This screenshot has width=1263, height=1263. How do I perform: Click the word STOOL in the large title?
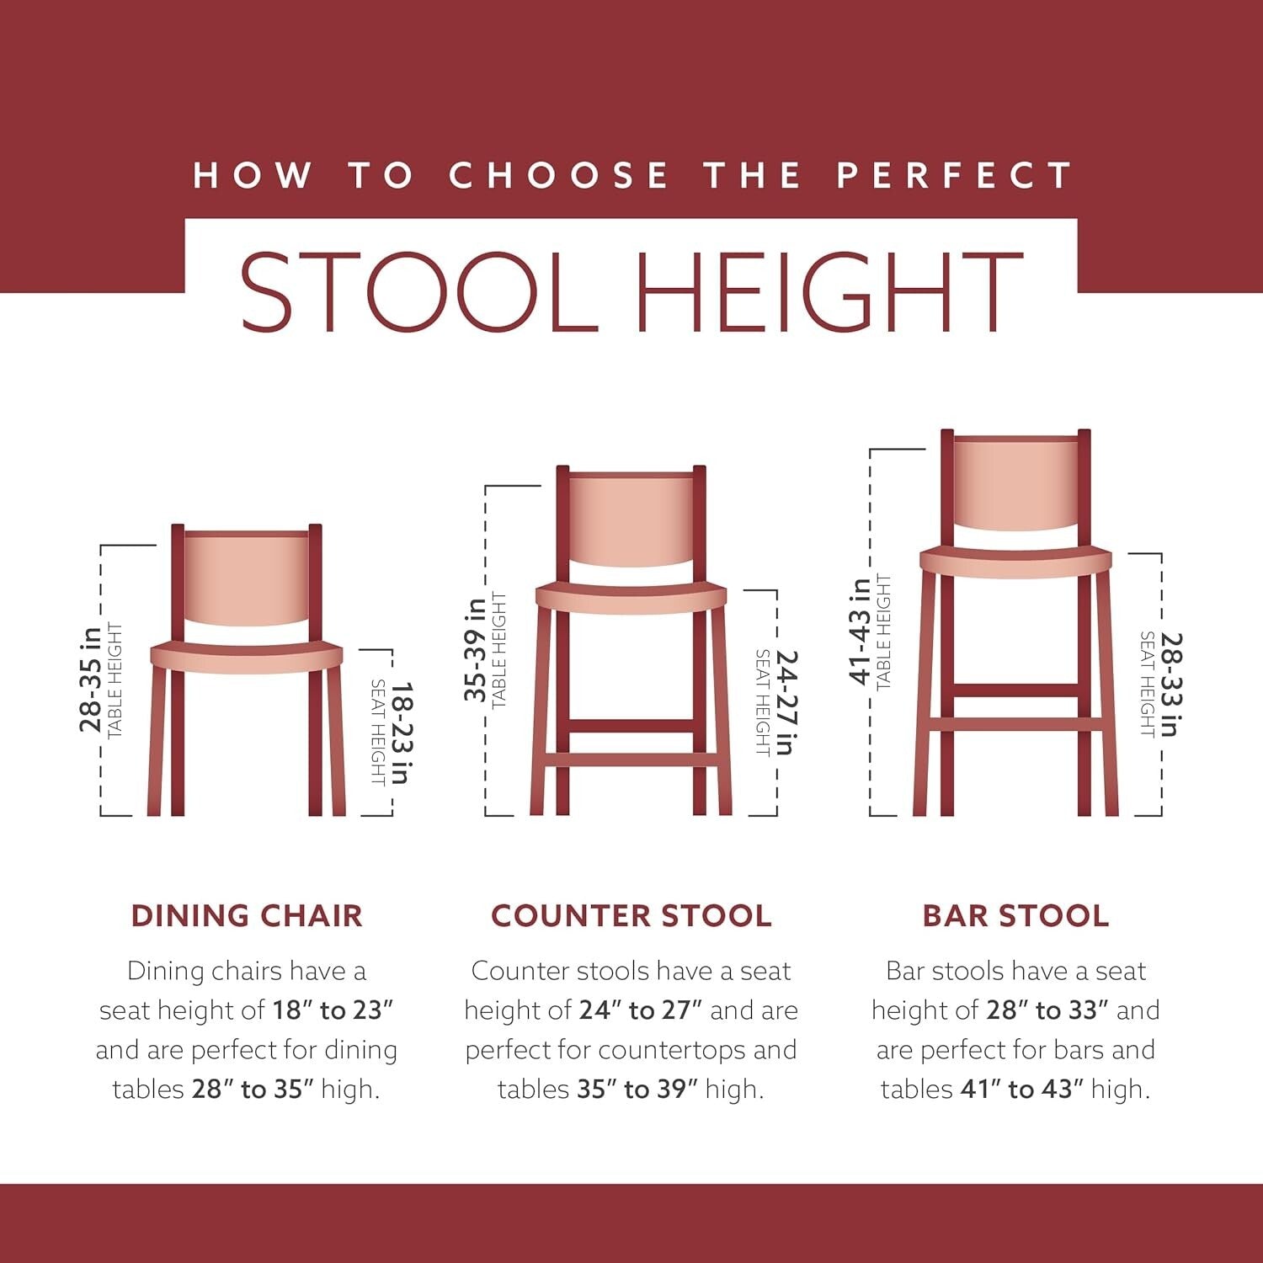click(x=418, y=291)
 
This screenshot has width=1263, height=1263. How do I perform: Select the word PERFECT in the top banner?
click(x=954, y=175)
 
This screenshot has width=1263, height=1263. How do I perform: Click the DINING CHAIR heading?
click(x=247, y=916)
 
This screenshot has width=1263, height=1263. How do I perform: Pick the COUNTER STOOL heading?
click(x=631, y=916)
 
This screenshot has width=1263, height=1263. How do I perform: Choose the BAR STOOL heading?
click(x=1015, y=916)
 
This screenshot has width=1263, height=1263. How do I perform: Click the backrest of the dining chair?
click(x=247, y=578)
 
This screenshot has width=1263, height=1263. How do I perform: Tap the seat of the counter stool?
click(x=631, y=596)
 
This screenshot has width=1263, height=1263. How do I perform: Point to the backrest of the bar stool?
click(x=1015, y=483)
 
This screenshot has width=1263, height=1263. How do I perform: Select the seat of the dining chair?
click(x=247, y=655)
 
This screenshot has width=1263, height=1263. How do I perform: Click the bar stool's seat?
click(x=1015, y=562)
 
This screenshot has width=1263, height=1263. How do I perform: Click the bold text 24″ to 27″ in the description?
click(x=640, y=1010)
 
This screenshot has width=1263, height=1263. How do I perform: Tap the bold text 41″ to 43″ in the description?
click(x=1021, y=1089)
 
